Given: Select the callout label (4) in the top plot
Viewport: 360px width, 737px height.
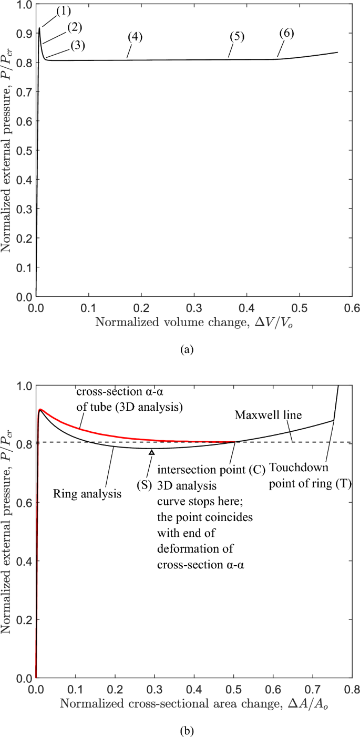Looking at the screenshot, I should click(x=135, y=37).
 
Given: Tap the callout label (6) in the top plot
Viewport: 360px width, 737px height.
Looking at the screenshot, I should click(x=286, y=33).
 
